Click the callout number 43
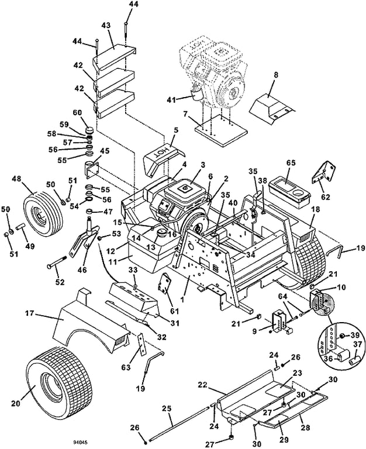pos(106,26)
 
